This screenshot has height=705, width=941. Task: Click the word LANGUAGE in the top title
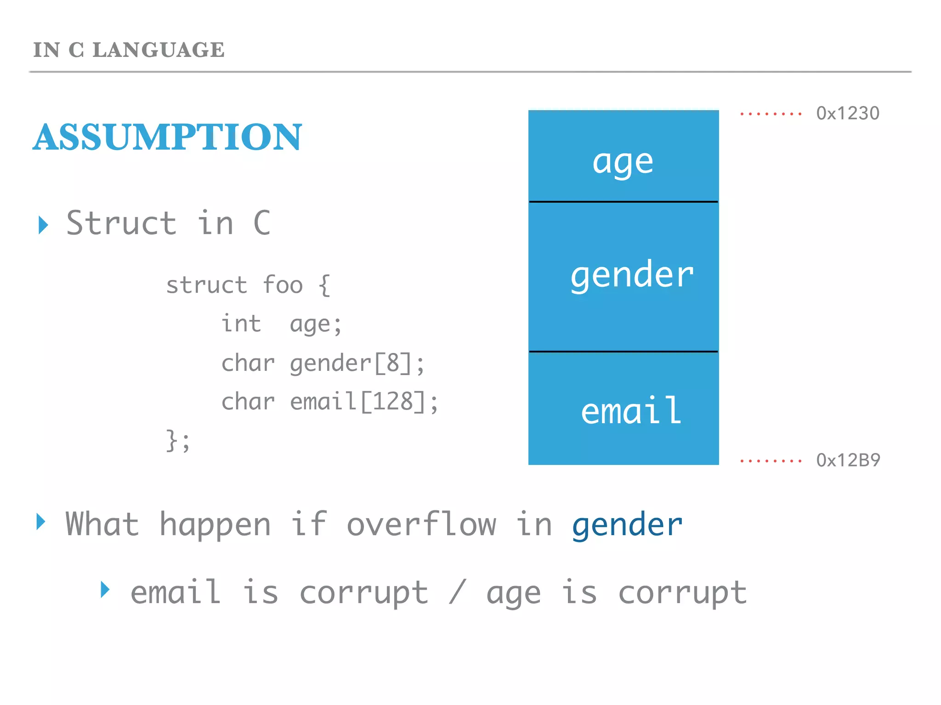[159, 50]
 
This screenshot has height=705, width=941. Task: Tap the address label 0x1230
[847, 113]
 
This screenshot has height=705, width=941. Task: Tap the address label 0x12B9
[848, 460]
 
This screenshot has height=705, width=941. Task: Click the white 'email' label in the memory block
[631, 410]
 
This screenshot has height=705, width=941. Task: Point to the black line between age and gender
[623, 201]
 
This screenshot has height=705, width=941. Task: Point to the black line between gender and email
[623, 352]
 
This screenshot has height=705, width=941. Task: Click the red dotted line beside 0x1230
[771, 114]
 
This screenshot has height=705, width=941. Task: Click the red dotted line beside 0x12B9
[771, 460]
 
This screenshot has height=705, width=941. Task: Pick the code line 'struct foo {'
[248, 285]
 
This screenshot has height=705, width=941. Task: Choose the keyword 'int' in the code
[241, 324]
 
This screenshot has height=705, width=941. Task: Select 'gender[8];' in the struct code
[357, 363]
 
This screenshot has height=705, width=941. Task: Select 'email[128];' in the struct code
[364, 402]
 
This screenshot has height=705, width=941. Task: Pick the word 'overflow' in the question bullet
[421, 524]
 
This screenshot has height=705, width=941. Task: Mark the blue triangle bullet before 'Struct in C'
[43, 225]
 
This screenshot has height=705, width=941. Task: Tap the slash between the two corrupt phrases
[458, 592]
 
